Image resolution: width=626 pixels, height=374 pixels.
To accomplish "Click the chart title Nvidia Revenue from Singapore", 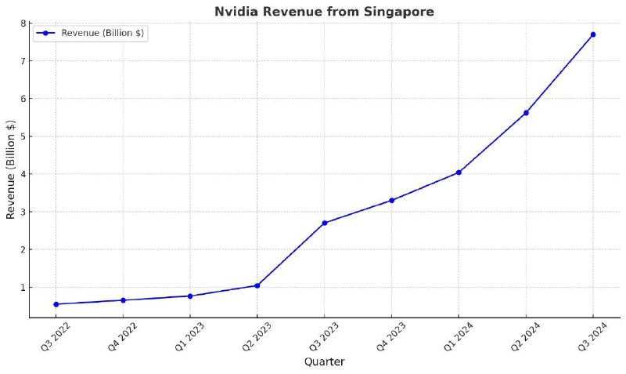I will tap(324, 11).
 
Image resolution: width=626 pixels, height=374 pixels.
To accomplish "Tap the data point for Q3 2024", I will tap(593, 34).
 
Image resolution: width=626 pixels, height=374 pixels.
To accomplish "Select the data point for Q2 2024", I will tap(526, 113).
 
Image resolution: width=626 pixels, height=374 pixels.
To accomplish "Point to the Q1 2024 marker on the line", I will tap(459, 172).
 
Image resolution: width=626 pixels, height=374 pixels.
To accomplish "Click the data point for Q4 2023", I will tap(391, 201).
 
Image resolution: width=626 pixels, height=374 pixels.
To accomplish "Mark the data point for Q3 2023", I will tap(325, 223).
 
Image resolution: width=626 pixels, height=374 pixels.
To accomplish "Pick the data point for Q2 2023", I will tap(257, 285).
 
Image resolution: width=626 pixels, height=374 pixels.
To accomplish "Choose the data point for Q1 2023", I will tap(190, 296).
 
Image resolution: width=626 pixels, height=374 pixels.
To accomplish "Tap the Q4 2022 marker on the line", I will tap(123, 300).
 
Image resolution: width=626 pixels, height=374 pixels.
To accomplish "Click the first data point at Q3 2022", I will tap(56, 304).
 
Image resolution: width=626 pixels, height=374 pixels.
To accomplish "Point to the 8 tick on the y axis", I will tap(23, 23).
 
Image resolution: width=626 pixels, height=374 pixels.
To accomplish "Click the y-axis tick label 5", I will tap(23, 136).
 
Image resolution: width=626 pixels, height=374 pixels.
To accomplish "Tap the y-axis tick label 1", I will tap(23, 288).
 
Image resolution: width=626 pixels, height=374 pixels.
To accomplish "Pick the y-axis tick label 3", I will tap(23, 212).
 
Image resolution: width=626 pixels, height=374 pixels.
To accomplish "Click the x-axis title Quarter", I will tap(324, 361).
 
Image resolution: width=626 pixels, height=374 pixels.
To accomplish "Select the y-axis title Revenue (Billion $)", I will tap(10, 169).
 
